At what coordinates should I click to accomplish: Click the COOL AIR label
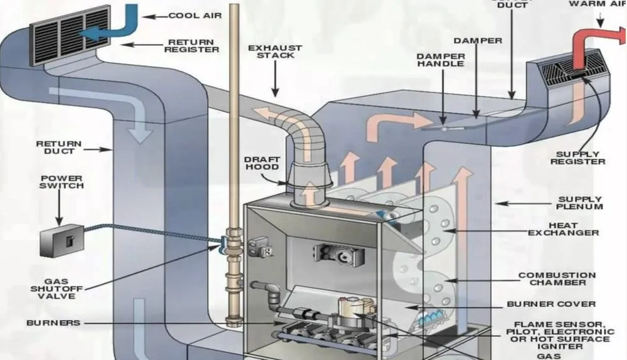coord(195,15)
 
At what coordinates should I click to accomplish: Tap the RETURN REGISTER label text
coord(191,45)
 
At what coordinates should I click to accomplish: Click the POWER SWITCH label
coord(61,182)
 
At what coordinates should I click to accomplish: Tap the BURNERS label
coord(53,323)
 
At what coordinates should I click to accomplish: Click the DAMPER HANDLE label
coord(441,60)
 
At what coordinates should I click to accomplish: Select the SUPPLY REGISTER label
coord(577,157)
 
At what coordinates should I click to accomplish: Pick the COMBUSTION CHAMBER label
coord(557,279)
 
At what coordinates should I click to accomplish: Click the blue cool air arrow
coord(119,25)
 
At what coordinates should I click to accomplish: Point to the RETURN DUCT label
coord(58,147)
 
